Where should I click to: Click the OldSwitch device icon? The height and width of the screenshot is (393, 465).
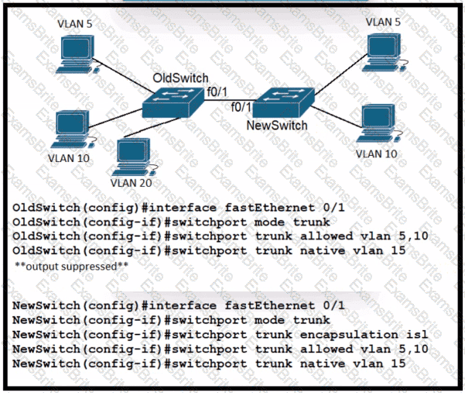click(174, 102)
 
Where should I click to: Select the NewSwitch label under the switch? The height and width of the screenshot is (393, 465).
click(276, 125)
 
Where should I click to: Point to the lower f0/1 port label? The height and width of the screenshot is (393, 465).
click(243, 106)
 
